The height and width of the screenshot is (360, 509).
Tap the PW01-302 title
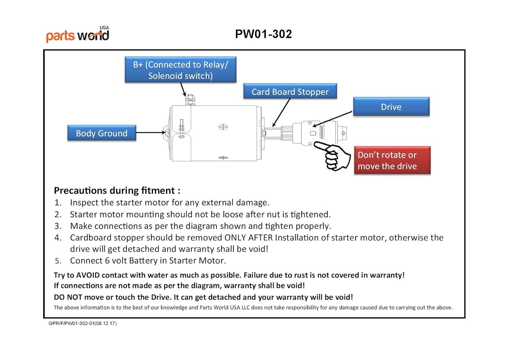[263, 34]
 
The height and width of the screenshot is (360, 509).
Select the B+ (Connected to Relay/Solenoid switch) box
[181, 70]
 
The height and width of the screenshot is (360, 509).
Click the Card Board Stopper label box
[290, 92]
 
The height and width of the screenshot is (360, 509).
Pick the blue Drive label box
[391, 107]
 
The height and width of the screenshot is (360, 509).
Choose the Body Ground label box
[102, 133]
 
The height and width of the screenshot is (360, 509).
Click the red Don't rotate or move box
[392, 160]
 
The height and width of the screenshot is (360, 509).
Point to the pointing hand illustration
[334, 156]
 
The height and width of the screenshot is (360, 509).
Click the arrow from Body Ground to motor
[151, 132]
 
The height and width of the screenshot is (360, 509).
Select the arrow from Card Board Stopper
[282, 112]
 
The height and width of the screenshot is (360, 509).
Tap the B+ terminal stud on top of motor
[190, 100]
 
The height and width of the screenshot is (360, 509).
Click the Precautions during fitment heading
[117, 190]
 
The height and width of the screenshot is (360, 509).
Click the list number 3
[58, 226]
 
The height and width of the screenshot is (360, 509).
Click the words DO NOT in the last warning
[68, 297]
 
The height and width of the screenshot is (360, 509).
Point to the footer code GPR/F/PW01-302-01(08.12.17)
[82, 323]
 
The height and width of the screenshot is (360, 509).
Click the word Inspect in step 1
[84, 203]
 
